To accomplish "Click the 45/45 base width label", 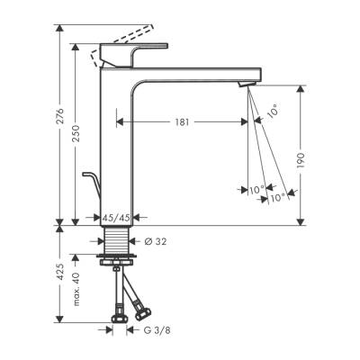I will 115,217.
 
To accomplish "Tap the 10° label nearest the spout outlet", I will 273,111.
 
